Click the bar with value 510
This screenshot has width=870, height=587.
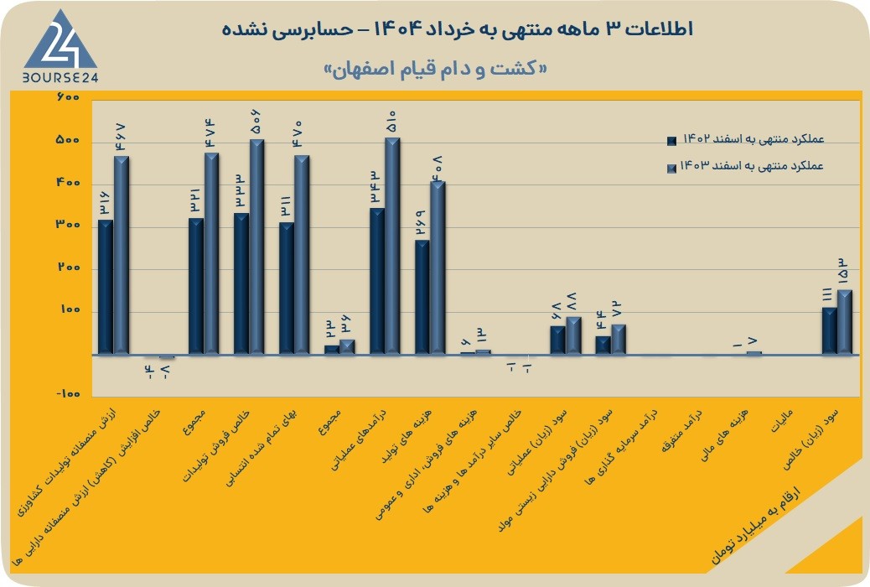pos(392,246)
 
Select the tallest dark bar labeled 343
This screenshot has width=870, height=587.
pos(377,281)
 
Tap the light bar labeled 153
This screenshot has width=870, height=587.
pos(845,322)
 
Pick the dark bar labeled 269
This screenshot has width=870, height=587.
pos(422,297)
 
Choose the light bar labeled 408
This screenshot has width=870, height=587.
pos(438,268)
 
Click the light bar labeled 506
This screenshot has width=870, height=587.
pos(257,247)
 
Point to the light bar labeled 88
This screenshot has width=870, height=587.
pos(573,335)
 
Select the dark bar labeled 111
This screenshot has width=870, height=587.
pos(830,331)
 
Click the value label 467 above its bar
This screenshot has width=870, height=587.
pos(121,138)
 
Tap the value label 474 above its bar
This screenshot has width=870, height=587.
pos(211,134)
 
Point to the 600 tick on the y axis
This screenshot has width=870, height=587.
pos(68,97)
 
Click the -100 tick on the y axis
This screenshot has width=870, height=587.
pos(68,394)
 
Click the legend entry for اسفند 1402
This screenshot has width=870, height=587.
pos(746,139)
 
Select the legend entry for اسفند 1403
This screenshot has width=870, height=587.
pos(746,166)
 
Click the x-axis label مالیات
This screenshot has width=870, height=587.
pos(782,421)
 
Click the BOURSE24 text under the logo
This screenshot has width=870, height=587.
pos(60,78)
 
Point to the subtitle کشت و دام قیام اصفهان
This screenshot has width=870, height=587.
pos(436,69)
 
